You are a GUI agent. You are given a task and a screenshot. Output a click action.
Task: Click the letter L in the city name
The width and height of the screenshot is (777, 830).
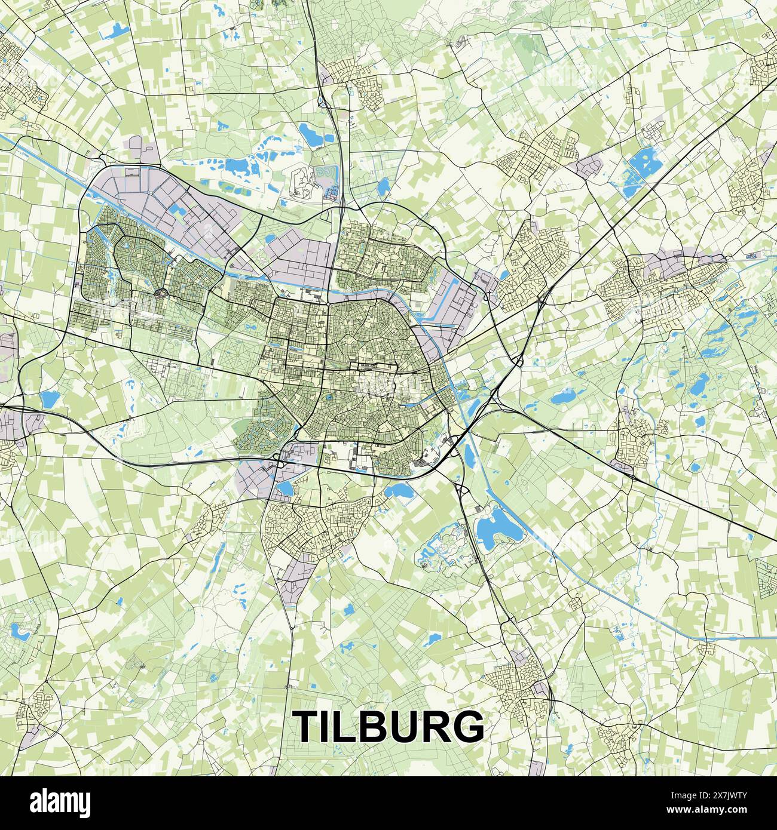pos(344,727)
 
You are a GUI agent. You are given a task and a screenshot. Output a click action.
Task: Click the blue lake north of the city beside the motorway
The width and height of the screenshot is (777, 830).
pos(311,134)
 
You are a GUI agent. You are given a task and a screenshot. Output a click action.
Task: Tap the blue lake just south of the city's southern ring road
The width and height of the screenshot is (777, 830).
pos(396,491)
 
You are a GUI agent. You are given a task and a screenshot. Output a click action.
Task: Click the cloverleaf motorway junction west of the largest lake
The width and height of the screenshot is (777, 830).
pos(461,491)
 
